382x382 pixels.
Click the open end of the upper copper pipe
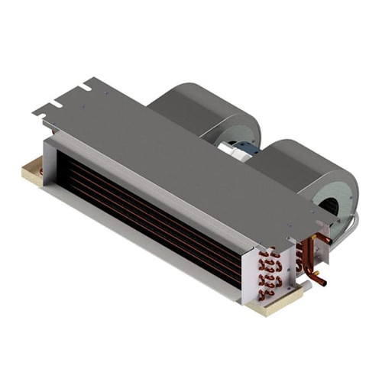[328, 241]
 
